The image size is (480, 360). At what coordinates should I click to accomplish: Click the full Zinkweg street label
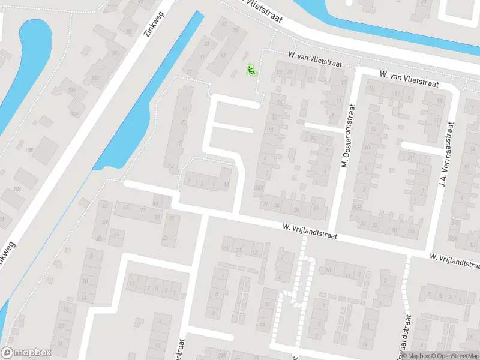[x=155, y=24]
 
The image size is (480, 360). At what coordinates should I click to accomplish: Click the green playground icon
[x=251, y=70]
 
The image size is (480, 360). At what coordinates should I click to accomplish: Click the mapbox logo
[x=26, y=353]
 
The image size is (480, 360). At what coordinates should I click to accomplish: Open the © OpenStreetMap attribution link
[x=455, y=356]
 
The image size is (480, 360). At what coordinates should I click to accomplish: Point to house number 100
[x=115, y=53]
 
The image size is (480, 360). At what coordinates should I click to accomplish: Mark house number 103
[x=71, y=90]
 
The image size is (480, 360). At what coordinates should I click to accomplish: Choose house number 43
[x=223, y=55]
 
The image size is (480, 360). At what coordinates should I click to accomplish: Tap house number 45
[x=107, y=206]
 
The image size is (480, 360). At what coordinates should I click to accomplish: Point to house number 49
[x=106, y=222]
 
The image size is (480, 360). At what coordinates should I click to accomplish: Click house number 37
[x=143, y=209]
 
